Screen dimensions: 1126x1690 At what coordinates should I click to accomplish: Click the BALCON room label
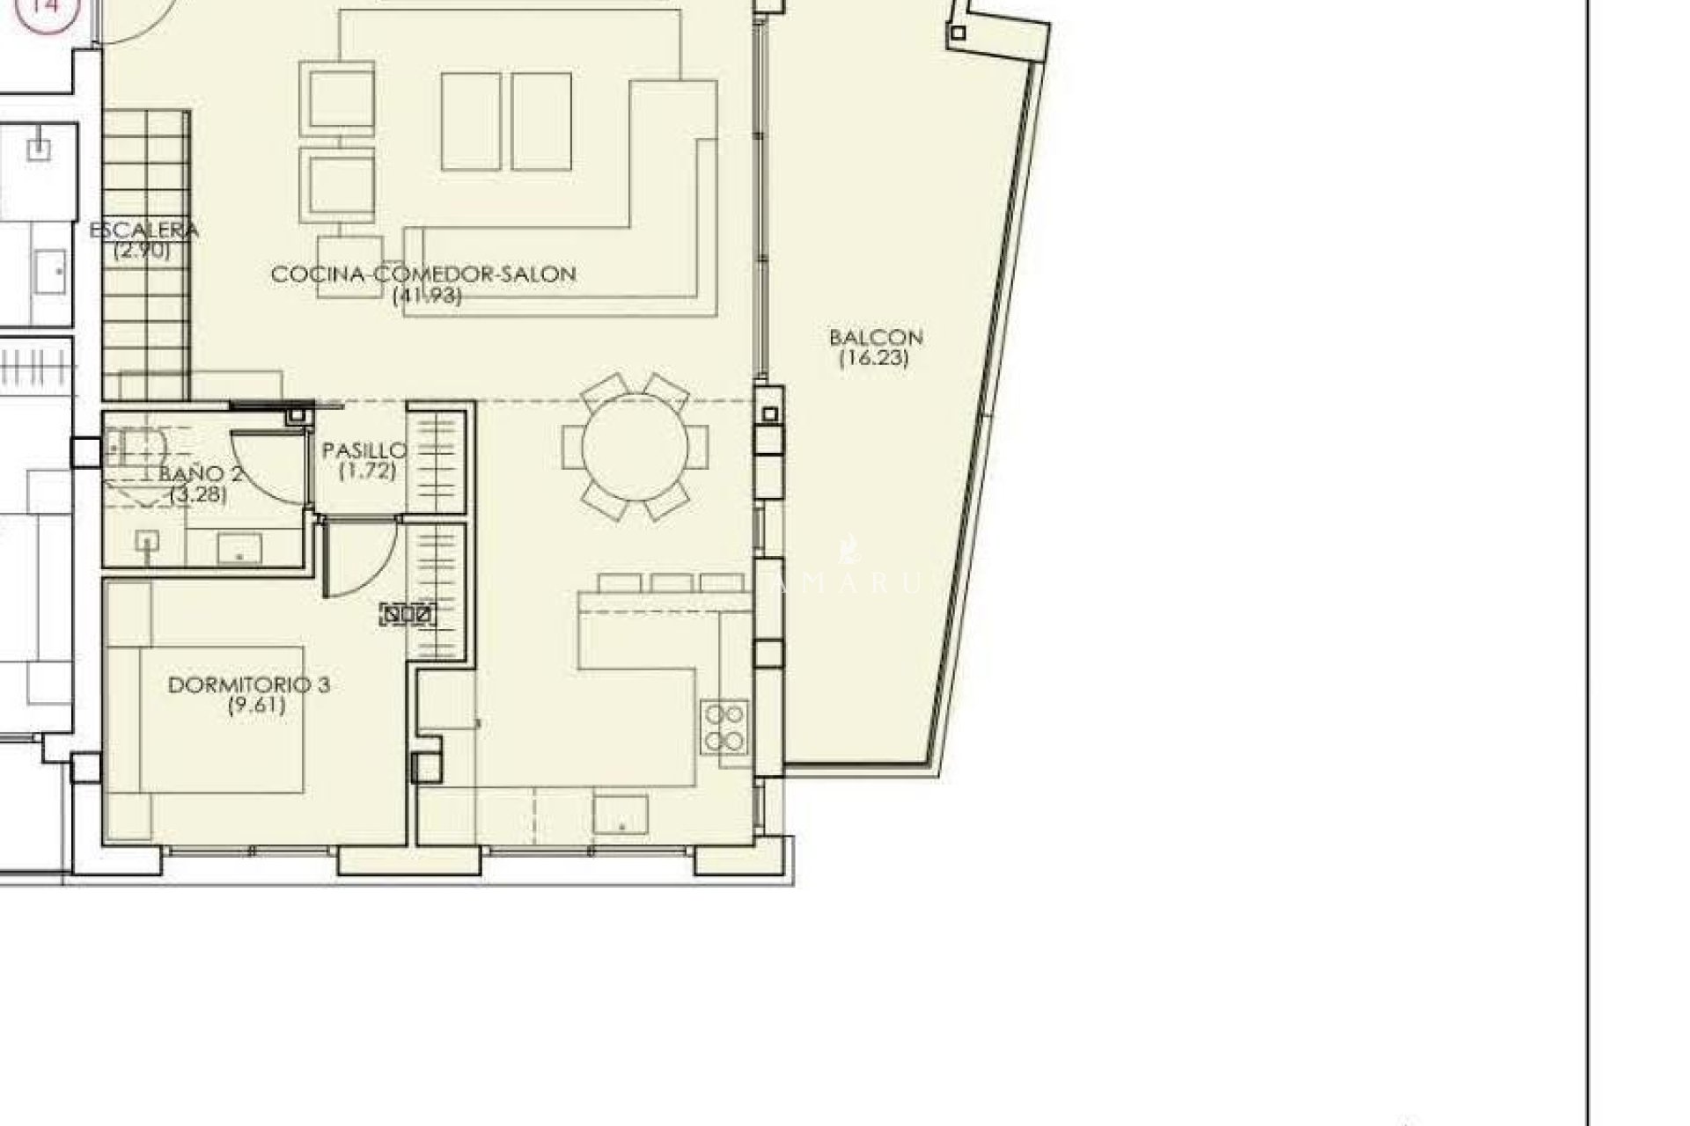tap(875, 338)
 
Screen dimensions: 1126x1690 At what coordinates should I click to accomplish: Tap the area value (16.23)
tap(873, 358)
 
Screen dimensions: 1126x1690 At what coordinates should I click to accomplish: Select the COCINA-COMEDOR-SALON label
tap(423, 274)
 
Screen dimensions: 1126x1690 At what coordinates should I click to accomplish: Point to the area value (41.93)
tap(426, 296)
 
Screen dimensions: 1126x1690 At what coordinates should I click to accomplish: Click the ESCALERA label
tap(143, 230)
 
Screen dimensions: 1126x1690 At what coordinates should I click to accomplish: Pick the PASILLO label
tap(364, 451)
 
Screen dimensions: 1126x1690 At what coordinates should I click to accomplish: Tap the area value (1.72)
tap(367, 472)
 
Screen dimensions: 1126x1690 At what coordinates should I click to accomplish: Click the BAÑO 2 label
tap(202, 474)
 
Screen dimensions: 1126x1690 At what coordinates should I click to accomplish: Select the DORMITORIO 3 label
tap(249, 684)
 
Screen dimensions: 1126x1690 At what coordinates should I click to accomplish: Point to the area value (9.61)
tap(256, 706)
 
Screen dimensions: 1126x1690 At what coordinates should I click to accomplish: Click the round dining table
tap(635, 447)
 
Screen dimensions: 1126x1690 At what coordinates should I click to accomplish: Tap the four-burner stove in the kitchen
tap(725, 728)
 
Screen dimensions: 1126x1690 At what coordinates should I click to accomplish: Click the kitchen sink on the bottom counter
tap(621, 814)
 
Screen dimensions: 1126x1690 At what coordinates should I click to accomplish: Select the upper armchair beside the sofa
tap(342, 97)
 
